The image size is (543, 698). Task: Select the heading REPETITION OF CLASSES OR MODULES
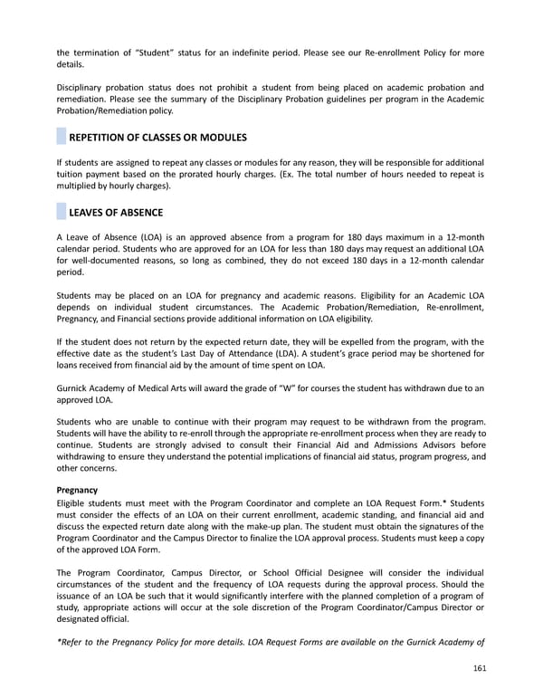(x=157, y=138)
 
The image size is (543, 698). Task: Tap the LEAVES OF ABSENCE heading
(x=116, y=213)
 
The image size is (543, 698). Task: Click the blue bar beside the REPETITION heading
(x=61, y=138)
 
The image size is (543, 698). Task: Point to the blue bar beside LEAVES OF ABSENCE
(x=61, y=213)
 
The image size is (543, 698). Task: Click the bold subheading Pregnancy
(x=77, y=490)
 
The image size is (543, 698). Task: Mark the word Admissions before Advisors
(x=367, y=445)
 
